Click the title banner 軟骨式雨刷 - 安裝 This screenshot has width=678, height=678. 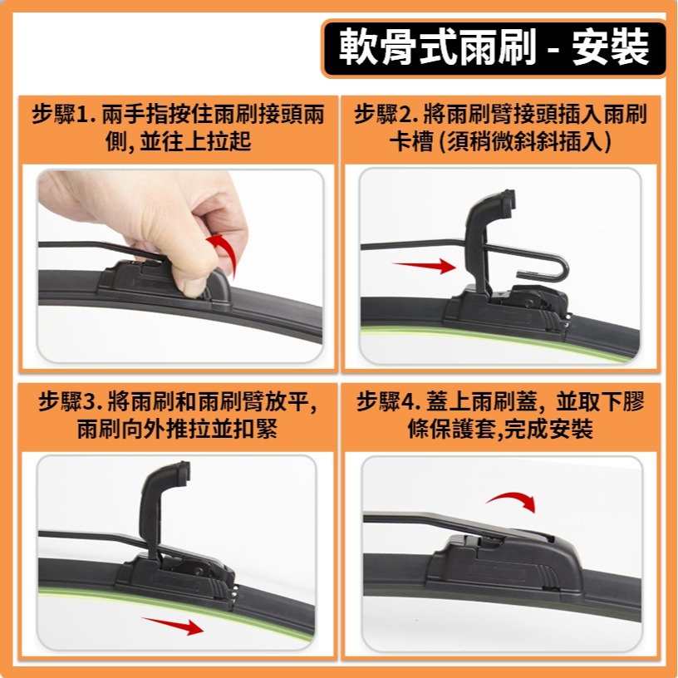[494, 49]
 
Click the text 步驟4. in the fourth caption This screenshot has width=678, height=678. [390, 403]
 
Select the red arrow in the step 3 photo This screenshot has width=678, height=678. [172, 625]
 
